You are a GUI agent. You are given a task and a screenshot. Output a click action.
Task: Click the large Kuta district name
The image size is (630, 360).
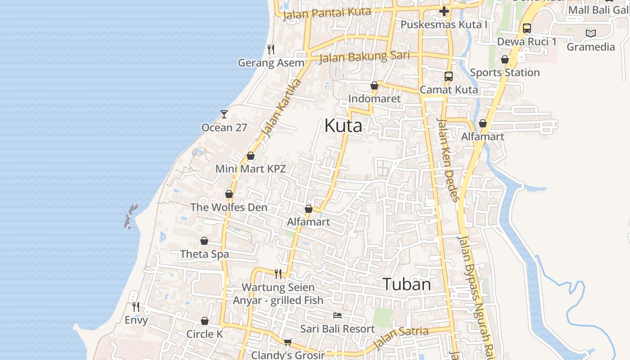point(343,126)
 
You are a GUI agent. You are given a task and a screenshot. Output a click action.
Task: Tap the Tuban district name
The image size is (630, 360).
point(406,284)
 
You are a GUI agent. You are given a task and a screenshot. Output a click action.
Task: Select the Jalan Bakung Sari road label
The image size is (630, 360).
point(364,57)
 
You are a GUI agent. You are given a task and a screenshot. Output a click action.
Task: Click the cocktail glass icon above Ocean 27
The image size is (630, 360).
point(224,114)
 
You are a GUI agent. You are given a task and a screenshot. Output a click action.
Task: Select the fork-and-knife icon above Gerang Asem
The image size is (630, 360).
point(271,49)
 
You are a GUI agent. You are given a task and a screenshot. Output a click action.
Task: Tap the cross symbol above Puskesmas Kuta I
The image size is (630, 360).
point(444,11)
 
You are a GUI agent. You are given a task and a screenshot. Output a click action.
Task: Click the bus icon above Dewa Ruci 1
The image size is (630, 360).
point(527,28)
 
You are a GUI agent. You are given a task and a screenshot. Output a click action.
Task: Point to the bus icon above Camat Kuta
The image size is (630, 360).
point(449,76)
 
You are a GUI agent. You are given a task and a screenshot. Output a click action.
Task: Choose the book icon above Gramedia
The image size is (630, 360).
point(591,33)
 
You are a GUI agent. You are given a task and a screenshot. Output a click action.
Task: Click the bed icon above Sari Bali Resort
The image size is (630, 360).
point(337,315)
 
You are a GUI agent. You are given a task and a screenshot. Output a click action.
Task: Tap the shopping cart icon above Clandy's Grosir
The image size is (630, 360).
point(288,342)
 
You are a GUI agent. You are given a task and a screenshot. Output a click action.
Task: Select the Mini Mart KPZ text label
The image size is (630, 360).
point(251,169)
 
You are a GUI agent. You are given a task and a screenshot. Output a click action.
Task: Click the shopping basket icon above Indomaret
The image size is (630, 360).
point(374,85)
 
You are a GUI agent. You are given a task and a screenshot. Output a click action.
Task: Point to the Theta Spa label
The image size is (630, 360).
point(204,254)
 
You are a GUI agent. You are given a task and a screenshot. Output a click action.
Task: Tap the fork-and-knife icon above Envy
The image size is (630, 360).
point(136,307)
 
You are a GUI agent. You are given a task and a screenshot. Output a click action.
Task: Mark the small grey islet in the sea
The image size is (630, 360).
point(130,216)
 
